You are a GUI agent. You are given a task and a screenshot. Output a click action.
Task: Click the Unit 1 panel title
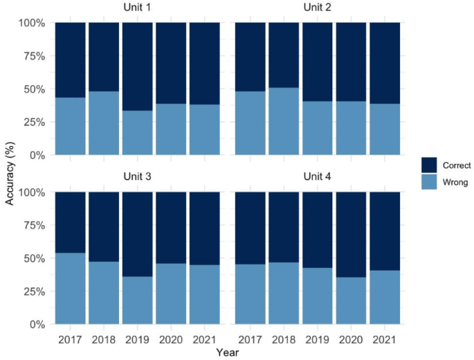[x=137, y=8]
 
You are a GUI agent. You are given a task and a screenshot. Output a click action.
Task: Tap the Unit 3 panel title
[x=137, y=177]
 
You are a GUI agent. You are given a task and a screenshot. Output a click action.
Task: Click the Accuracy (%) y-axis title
[x=10, y=173]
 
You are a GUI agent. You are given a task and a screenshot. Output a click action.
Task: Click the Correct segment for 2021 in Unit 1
[x=204, y=63]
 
